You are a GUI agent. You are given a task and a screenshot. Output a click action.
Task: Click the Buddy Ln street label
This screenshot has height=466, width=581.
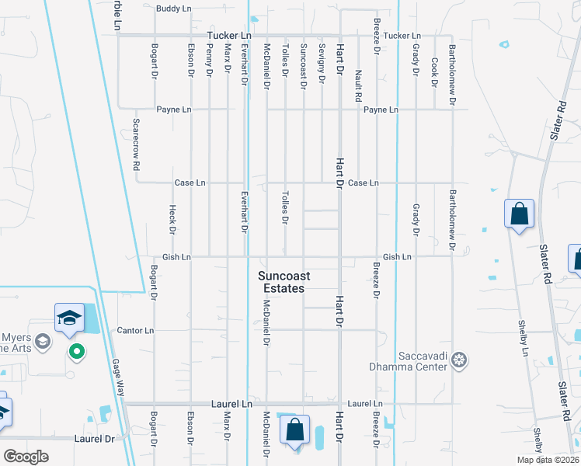(x=172, y=9)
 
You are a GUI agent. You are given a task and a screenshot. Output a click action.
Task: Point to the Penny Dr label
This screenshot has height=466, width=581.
(x=209, y=60)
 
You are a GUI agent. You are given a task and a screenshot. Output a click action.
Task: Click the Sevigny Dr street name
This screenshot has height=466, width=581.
(x=321, y=59)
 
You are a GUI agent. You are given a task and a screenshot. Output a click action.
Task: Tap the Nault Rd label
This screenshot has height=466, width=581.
(x=358, y=86)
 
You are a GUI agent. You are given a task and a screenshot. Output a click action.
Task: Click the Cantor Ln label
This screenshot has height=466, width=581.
(x=136, y=330)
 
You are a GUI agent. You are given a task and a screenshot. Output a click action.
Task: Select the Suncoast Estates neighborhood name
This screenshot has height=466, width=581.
(x=281, y=282)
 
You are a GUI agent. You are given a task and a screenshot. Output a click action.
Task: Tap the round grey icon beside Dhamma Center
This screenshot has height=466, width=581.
(x=460, y=360)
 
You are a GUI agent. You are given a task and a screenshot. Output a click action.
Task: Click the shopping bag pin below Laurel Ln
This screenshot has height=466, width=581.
(x=295, y=430)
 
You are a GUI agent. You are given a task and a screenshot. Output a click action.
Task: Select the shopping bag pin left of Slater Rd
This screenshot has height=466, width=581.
(x=518, y=213)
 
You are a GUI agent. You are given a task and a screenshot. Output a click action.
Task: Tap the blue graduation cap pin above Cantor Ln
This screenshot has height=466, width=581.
(x=69, y=318)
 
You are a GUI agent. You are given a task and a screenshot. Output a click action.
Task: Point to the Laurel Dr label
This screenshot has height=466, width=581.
(x=94, y=439)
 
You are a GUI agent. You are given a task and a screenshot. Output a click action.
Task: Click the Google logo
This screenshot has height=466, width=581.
(x=26, y=457)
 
